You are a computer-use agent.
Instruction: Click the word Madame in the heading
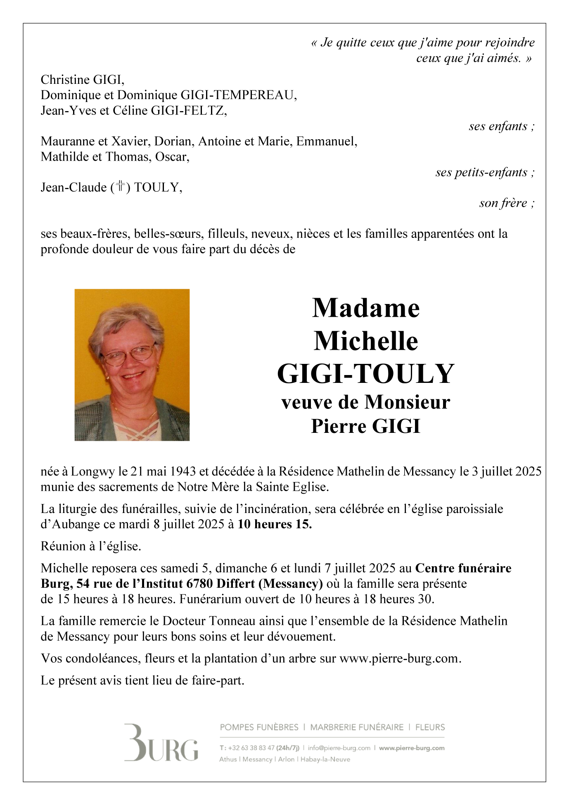pyautogui.click(x=366, y=308)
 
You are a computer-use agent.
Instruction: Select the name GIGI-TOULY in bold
pyautogui.click(x=366, y=374)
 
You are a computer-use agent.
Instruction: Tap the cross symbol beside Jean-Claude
pyautogui.click(x=121, y=187)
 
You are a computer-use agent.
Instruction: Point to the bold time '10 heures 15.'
pyautogui.click(x=275, y=524)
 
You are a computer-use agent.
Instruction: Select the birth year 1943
pyautogui.click(x=183, y=471)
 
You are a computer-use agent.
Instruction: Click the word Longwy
pyautogui.click(x=93, y=471)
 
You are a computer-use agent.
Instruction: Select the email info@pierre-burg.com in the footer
pyautogui.click(x=339, y=748)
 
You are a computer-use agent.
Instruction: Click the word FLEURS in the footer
pyautogui.click(x=430, y=727)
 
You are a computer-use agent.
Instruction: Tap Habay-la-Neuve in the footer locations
pyautogui.click(x=325, y=759)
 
